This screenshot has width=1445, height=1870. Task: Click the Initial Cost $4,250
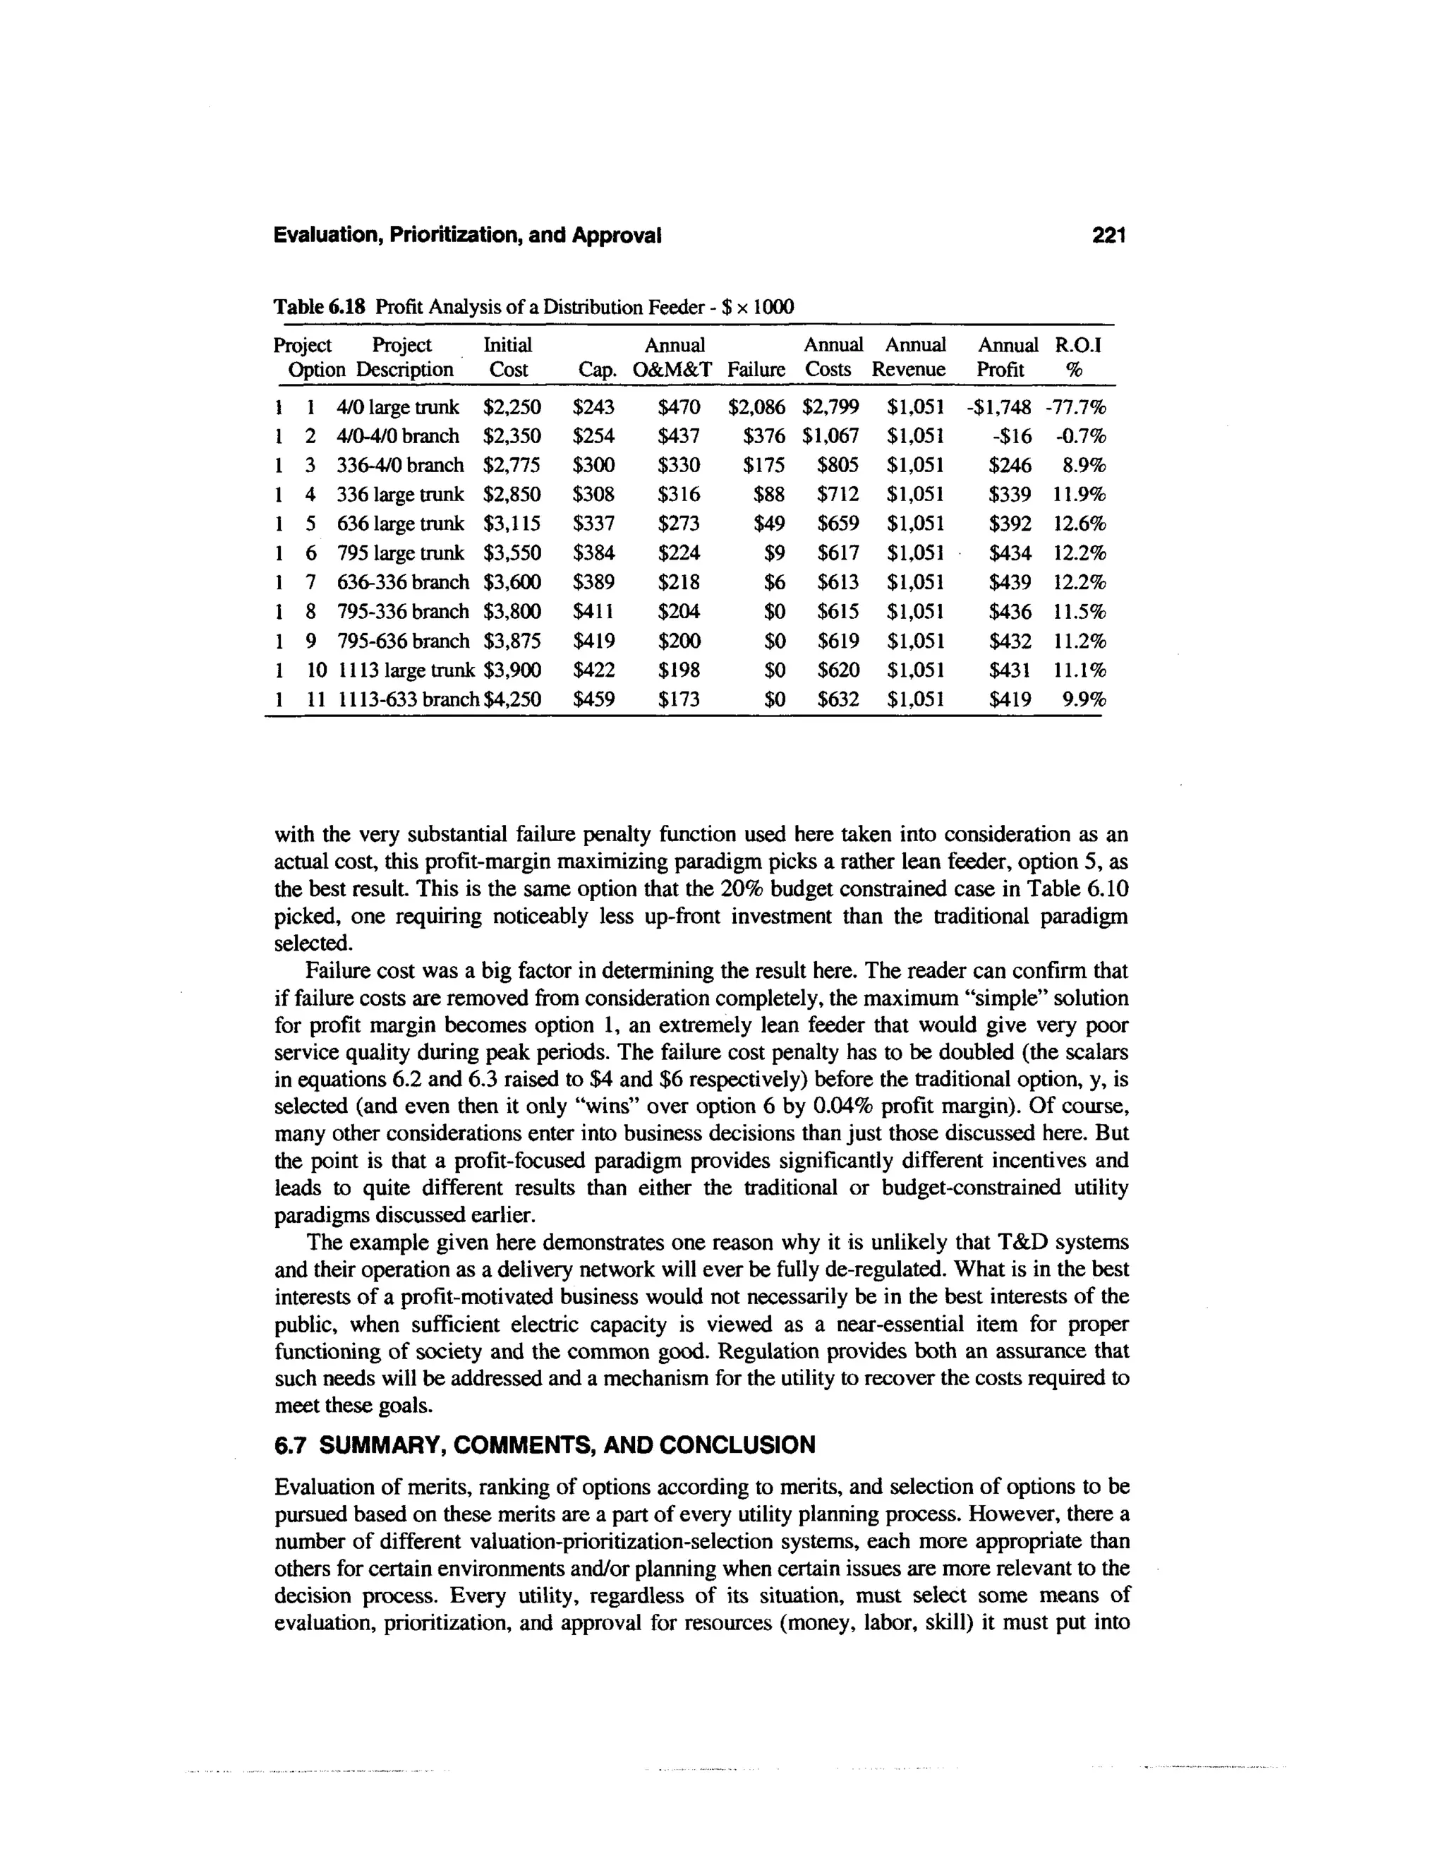513,699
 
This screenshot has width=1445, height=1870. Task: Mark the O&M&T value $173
679,699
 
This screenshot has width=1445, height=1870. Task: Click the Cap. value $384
593,553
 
